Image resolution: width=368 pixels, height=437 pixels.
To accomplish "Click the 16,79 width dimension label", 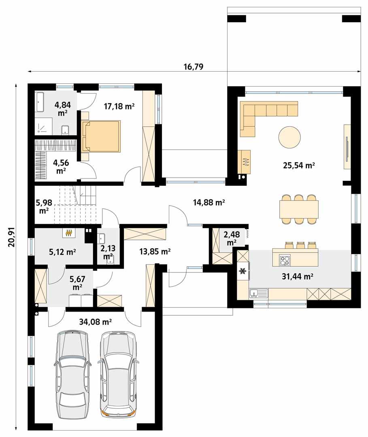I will tap(194, 67).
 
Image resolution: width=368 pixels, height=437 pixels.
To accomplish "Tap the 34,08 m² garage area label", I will tap(96, 322).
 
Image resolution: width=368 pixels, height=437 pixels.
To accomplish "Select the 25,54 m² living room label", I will tap(299, 165).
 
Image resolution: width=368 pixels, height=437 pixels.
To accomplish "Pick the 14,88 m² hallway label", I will tap(209, 203).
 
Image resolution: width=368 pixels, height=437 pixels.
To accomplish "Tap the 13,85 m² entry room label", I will tap(154, 251).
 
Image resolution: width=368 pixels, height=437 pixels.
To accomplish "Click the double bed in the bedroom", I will tap(101, 136).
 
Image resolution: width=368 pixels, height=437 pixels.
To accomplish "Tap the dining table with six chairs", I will tap(299, 209).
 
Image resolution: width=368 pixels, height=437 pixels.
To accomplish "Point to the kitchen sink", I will tap(259, 293).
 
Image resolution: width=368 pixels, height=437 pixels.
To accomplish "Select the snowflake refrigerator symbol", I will tap(243, 271).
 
